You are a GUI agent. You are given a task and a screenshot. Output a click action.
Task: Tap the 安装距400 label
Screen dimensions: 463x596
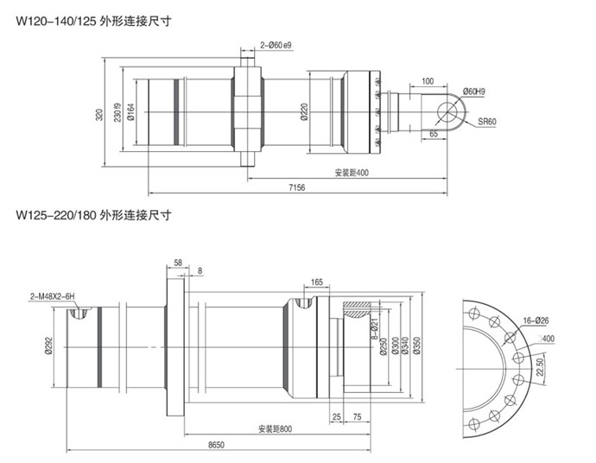[352, 173]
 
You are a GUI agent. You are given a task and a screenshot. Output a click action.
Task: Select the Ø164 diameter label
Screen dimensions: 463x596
[130, 111]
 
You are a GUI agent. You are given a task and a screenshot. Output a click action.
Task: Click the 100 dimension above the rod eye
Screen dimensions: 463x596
[428, 81]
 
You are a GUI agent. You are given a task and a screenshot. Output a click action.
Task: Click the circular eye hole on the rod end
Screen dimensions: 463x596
[449, 112]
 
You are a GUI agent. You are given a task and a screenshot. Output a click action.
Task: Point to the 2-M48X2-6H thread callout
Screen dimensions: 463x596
[54, 296]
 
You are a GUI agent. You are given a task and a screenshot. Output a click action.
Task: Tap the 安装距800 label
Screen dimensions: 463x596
[275, 428]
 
